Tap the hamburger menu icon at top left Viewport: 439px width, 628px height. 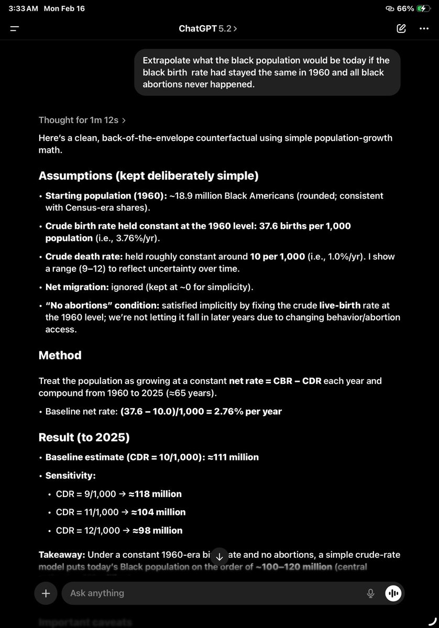tap(15, 29)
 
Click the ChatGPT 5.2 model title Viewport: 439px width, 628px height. tap(207, 29)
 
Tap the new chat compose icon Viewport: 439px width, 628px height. tap(401, 29)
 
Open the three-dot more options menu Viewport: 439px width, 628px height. tap(424, 29)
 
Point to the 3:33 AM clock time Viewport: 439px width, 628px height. tap(23, 9)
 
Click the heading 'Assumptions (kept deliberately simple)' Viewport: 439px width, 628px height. tap(148, 176)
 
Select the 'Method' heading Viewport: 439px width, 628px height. tap(60, 355)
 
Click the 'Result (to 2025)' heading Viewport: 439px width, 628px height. tap(84, 437)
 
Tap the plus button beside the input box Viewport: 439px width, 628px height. tap(46, 593)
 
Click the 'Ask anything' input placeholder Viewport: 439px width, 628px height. tap(97, 593)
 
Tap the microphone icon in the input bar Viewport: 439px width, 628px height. tap(370, 593)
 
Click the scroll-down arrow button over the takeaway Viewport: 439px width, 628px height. tap(220, 557)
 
